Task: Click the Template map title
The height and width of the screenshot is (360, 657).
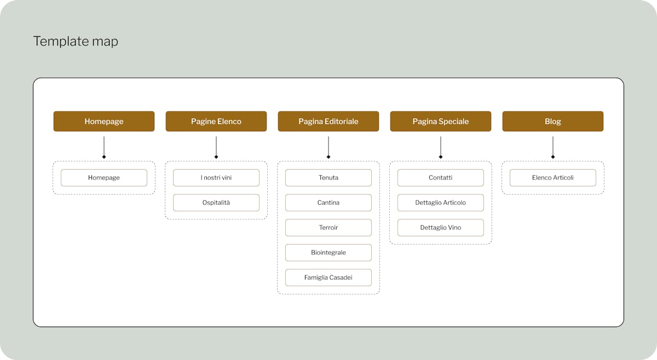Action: coord(76,42)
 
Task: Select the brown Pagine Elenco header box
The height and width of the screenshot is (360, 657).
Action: coord(216,121)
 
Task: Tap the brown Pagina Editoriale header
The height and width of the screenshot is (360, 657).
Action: coord(328,121)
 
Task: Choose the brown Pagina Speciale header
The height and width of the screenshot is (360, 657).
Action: coord(441,121)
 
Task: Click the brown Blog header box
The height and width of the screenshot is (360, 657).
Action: coord(553,121)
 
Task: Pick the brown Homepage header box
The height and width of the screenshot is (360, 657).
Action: coord(104,121)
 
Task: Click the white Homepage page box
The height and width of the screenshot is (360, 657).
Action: coord(104,178)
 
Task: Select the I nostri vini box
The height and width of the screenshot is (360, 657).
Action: coord(216,178)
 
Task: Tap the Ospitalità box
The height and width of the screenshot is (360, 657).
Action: coord(216,202)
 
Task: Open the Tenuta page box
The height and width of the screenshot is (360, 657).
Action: coord(328,178)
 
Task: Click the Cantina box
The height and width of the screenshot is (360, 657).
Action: coord(328,202)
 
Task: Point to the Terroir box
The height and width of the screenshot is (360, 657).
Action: coord(328,228)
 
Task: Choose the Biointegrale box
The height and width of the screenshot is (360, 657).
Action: coord(328,253)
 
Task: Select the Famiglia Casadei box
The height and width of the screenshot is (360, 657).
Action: coord(328,277)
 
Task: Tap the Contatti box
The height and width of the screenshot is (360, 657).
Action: coord(441,178)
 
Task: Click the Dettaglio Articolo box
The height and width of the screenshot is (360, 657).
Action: coord(441,202)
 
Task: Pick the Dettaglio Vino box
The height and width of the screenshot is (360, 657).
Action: coord(441,228)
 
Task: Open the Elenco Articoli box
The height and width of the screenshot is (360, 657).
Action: coord(553,178)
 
